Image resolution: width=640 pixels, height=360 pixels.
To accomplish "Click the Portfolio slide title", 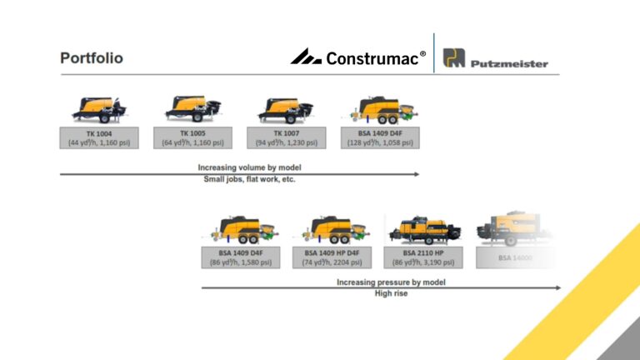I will point(92,58).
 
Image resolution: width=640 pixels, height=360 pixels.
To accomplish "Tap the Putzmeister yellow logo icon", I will point(452,59).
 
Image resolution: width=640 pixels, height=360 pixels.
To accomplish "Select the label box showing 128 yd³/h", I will point(381,137).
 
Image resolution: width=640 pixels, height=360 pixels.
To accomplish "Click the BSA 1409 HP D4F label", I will point(332,257).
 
